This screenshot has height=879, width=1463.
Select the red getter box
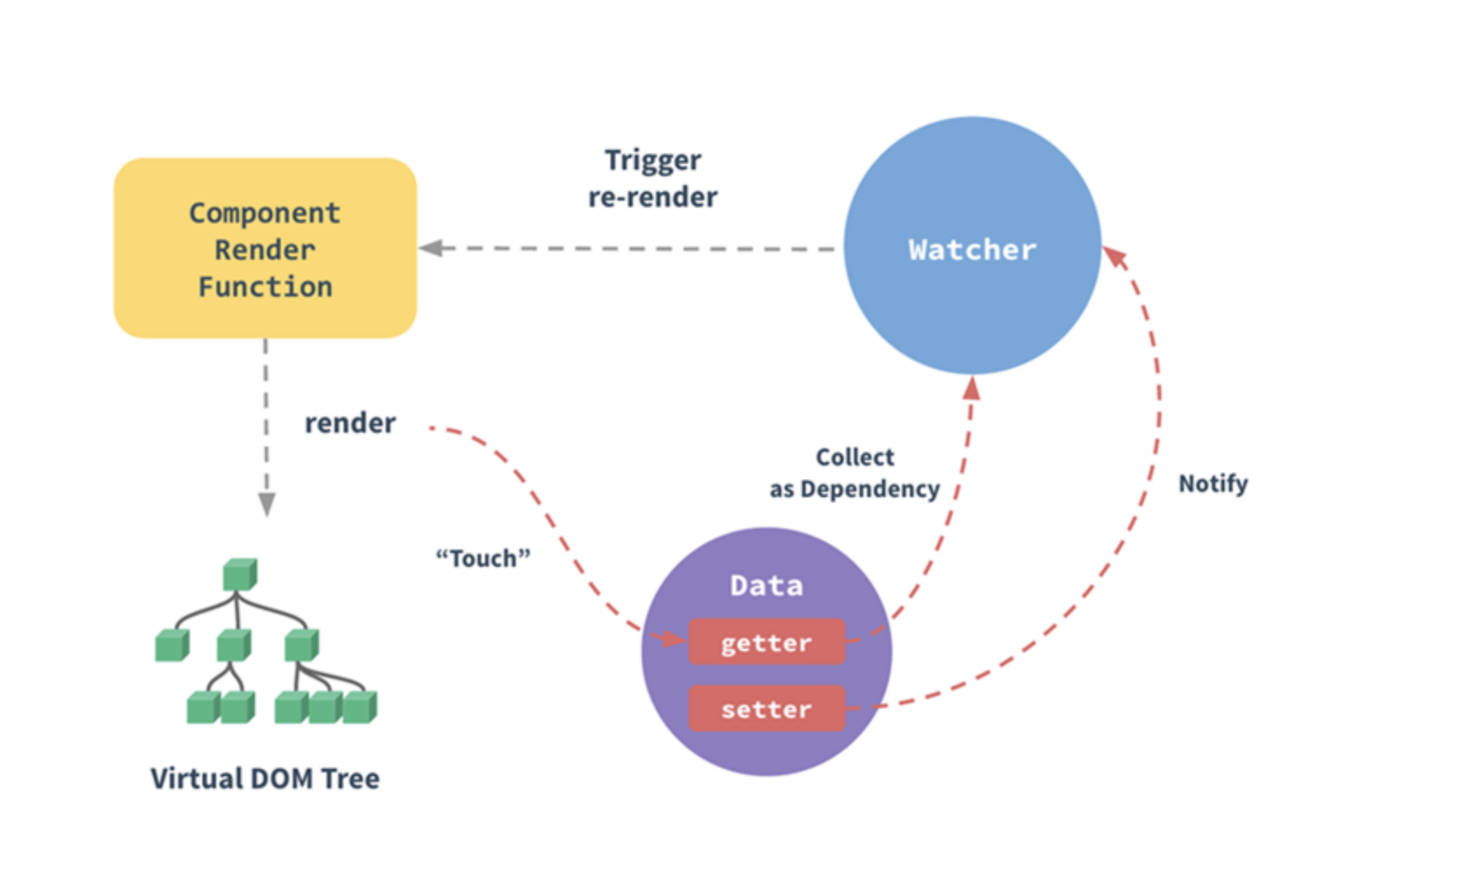point(766,643)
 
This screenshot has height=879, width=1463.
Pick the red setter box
point(766,709)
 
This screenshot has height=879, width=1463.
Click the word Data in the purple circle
point(766,585)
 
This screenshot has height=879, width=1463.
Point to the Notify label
point(1213,483)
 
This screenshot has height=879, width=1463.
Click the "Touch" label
point(483,558)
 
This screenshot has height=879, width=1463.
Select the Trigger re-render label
point(653,179)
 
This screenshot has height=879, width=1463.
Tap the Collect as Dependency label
point(854,474)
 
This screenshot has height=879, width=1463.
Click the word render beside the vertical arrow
point(350,423)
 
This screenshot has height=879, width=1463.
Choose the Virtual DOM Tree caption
point(265,778)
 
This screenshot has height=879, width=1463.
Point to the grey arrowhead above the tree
point(267,504)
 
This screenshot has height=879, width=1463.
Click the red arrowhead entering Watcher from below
point(972,388)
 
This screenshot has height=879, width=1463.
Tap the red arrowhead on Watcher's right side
point(1115,256)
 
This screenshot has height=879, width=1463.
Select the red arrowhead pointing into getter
point(673,639)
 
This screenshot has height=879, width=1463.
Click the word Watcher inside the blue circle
point(972,249)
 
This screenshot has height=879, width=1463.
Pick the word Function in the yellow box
point(265,287)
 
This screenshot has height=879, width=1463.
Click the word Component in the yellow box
point(265,213)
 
